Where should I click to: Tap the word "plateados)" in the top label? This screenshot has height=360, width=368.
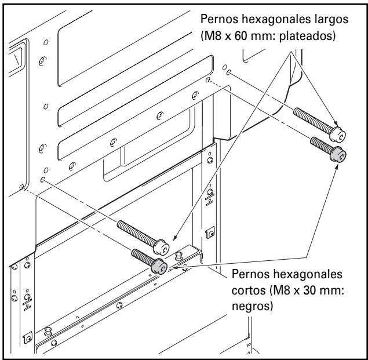[x=308, y=36]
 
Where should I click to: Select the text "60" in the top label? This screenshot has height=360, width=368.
[x=242, y=36]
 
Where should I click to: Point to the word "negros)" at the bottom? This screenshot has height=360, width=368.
[x=253, y=307]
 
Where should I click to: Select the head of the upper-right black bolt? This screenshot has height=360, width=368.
[x=338, y=154]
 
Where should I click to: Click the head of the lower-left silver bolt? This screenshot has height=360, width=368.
[x=161, y=246]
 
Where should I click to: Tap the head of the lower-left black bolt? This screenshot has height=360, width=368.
[x=159, y=266]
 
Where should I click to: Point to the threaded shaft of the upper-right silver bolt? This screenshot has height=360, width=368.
[x=313, y=120]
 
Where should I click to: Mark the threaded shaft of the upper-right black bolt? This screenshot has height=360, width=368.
[x=321, y=146]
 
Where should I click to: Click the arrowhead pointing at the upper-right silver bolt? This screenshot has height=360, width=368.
[x=336, y=123]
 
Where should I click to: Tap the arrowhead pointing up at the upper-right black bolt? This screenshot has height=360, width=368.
[x=337, y=167]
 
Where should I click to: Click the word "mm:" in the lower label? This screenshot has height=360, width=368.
[x=333, y=291]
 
